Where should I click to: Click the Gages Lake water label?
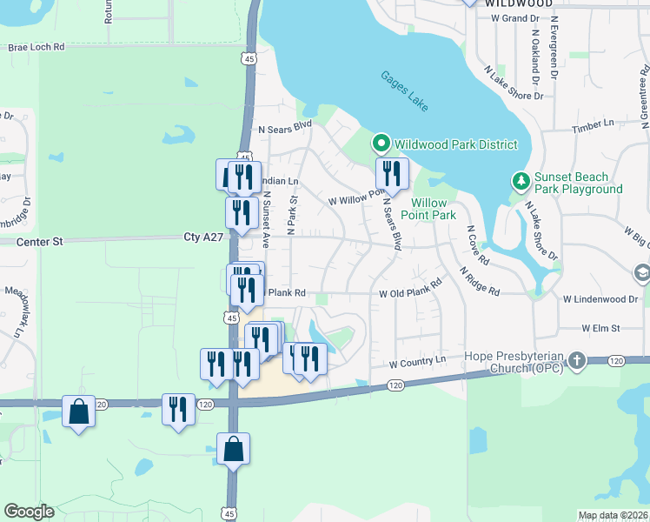point(404,90)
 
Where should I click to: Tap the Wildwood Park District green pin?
point(380,144)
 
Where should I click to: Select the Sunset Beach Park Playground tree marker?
point(521,181)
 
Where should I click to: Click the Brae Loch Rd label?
point(36,48)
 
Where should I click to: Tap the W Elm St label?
point(600,328)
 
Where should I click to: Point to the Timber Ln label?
point(593,128)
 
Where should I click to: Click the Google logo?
point(29,512)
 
